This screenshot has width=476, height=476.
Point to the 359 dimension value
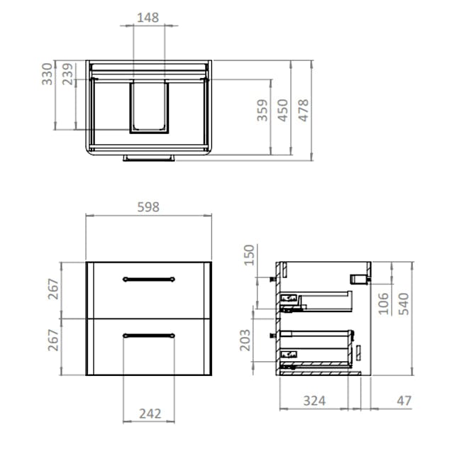click(262, 111)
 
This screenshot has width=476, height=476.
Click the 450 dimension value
click(283, 111)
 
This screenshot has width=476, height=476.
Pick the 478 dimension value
click(304, 111)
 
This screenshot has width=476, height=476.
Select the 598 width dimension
click(148, 207)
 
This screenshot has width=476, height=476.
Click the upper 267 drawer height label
click(52, 289)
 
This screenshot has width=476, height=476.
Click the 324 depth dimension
click(314, 401)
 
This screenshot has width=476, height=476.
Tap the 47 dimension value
click(404, 401)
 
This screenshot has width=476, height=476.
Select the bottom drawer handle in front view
click(148, 334)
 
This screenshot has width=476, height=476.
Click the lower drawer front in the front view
click(148, 355)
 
